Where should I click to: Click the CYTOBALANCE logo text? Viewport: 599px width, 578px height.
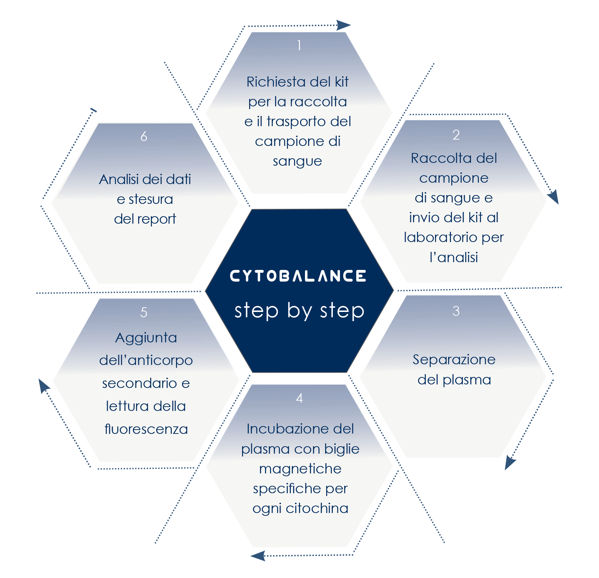tap(298, 276)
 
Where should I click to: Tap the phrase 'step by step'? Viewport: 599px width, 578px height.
tap(299, 311)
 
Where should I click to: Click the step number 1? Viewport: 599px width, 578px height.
tap(299, 46)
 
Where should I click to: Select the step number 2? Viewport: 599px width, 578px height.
tap(456, 135)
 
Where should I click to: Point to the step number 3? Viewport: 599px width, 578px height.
tap(456, 311)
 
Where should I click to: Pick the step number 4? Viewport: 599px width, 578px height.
tap(299, 399)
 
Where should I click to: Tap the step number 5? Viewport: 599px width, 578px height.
tap(144, 312)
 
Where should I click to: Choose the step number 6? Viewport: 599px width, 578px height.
tap(144, 136)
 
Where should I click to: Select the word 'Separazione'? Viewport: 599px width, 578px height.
tap(454, 360)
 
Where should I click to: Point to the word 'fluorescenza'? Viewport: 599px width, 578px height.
tap(146, 429)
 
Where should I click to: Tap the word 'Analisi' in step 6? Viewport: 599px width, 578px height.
tap(119, 179)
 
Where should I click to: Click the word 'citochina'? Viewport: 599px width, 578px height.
tap(317, 508)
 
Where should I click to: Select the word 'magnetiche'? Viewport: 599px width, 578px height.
tap(300, 469)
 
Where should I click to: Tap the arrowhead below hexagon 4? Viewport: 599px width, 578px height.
tap(258, 556)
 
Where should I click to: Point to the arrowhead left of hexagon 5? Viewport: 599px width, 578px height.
tap(44, 385)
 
